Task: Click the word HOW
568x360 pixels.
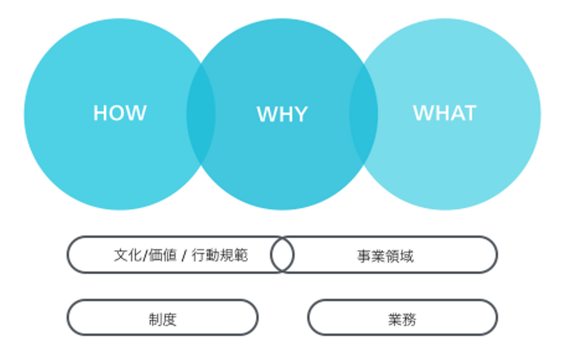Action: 120,113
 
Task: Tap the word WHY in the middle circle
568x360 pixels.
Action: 282,114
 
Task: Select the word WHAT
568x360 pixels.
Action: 445,113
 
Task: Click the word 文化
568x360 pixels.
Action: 127,255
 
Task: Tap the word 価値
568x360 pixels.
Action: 163,255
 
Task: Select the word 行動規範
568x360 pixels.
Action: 220,255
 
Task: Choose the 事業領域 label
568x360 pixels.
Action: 385,256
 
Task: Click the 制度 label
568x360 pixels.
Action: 163,319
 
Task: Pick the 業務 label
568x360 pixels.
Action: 402,319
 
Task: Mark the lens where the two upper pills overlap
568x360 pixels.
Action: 282,255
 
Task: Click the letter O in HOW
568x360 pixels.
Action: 120,113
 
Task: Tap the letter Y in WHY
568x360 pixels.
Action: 300,114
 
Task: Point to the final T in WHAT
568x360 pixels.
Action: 470,113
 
